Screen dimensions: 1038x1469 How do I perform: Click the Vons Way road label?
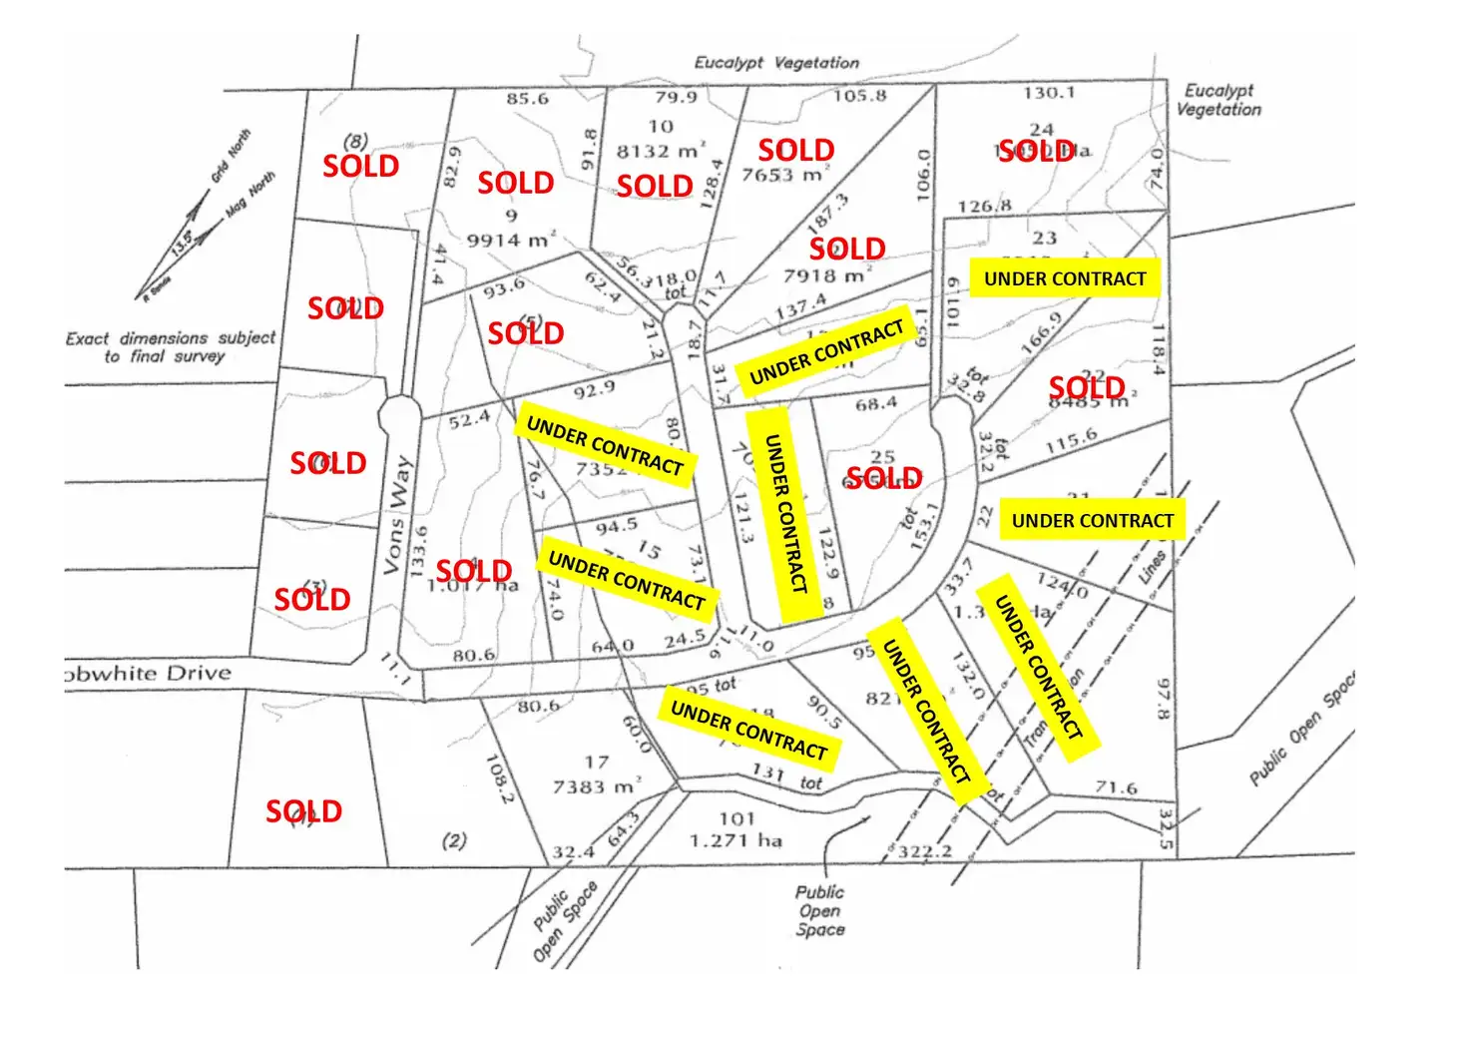click(x=397, y=515)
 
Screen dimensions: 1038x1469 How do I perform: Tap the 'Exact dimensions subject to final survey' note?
click(x=170, y=346)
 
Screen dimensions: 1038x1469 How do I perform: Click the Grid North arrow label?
click(x=231, y=157)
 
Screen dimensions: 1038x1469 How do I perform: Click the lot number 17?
click(x=597, y=762)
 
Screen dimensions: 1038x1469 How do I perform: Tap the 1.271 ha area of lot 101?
click(x=736, y=840)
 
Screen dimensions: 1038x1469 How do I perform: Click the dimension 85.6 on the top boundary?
click(x=527, y=98)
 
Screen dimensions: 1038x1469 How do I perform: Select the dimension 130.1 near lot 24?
click(x=1049, y=93)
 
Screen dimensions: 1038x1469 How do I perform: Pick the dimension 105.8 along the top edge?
click(x=859, y=96)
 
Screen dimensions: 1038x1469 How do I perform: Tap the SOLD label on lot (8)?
click(x=360, y=166)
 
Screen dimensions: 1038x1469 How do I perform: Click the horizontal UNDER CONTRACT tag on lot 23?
click(x=1065, y=278)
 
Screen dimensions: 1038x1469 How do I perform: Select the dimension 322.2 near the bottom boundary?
click(x=925, y=851)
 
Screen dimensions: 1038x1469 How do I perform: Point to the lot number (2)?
click(x=454, y=840)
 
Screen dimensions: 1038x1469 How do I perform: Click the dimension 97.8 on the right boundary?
click(x=1162, y=700)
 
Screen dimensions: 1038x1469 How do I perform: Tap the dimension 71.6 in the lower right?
click(x=1116, y=787)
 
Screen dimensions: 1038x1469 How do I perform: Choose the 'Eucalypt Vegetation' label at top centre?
click(x=776, y=63)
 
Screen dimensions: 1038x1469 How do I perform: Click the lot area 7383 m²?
click(x=597, y=786)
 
